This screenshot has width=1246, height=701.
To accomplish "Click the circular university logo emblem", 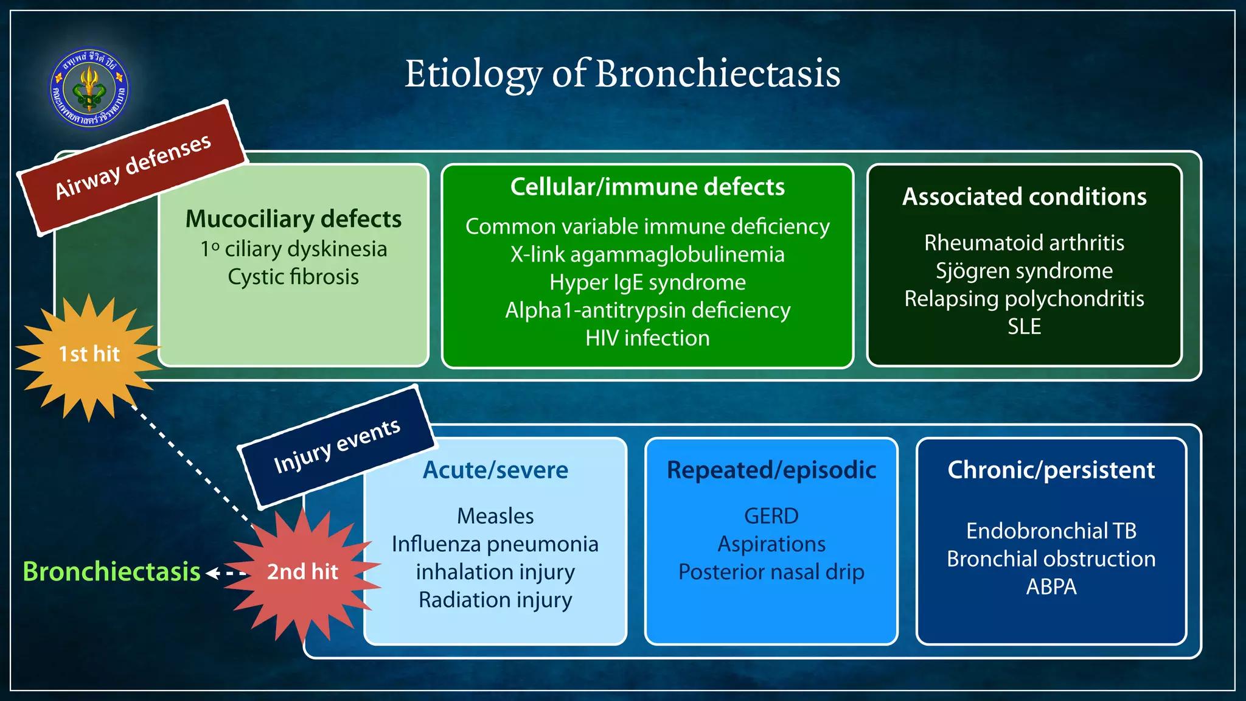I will [x=89, y=88].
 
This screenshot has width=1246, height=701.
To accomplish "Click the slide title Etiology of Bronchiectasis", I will [x=622, y=74].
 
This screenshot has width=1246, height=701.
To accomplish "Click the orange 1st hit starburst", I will [x=89, y=355].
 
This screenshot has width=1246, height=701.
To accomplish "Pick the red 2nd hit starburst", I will [x=302, y=572].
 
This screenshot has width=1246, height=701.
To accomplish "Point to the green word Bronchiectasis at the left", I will [x=111, y=572].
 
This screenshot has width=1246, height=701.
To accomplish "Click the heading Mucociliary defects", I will [x=293, y=219].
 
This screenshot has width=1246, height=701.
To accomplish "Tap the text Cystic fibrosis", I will [x=293, y=277].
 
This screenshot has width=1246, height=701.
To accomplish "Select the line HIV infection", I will [x=647, y=338].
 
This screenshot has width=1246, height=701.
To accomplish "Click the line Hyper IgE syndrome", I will [x=647, y=282].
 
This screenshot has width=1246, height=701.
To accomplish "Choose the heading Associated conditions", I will [x=1024, y=197].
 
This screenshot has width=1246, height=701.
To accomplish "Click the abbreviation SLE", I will [x=1024, y=327].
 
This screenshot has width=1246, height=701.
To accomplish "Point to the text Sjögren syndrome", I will [x=1024, y=271].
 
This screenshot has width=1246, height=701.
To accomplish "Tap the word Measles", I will [x=495, y=516].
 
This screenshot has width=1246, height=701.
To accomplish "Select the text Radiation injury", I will [x=495, y=600].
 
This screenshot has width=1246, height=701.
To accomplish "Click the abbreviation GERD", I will [x=771, y=516].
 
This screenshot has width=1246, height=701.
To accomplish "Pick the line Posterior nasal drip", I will [x=771, y=572].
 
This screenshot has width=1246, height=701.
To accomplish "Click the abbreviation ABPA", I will [x=1051, y=587].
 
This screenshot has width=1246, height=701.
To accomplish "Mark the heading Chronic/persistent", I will [x=1051, y=470].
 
